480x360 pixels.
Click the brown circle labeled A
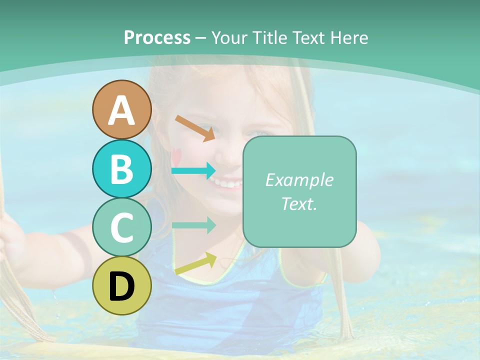coord(122,109)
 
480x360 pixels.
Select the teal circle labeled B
coord(122,168)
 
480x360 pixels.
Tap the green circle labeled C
coord(122,227)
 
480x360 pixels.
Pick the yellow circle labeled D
coord(122,285)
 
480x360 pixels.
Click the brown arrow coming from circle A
coord(195,128)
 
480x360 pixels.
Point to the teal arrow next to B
coord(193,171)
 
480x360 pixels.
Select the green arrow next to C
coord(193,225)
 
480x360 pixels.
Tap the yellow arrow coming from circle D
coord(195,263)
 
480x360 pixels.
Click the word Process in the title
coord(157,37)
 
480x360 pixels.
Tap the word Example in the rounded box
coord(299,180)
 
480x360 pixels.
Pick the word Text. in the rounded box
coord(299,203)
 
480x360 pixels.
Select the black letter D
coord(122,286)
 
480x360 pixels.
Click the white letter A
coord(122,110)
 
